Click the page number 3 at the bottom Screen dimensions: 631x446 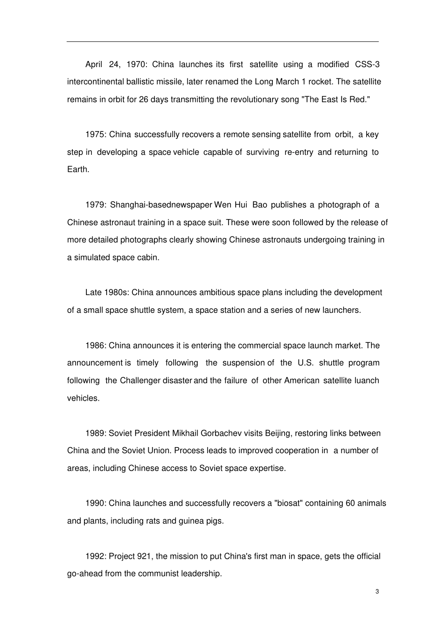click(x=377, y=592)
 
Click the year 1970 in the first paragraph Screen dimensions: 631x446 click(x=136, y=64)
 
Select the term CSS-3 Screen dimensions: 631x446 click(x=367, y=64)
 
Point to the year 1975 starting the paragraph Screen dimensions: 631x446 click(x=96, y=135)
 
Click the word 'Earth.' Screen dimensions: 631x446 click(x=78, y=169)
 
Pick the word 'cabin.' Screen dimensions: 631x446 click(x=148, y=258)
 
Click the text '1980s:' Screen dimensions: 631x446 click(x=117, y=293)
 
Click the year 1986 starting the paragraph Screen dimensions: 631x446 click(x=95, y=346)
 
